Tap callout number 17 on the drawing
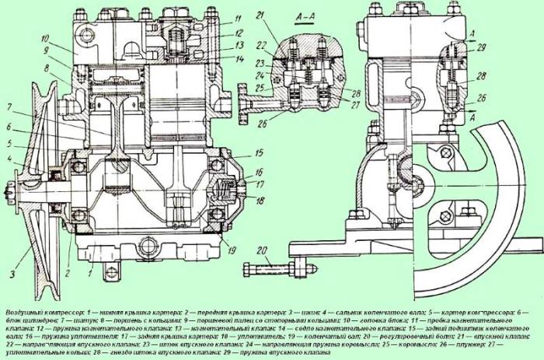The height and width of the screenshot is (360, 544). tap(238, 184)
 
